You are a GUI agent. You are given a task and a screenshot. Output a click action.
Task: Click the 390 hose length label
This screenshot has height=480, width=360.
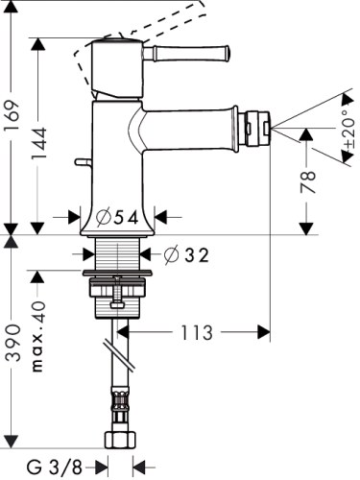click(x=12, y=342)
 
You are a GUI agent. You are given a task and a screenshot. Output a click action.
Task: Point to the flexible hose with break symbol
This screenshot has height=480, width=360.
click(x=122, y=374)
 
